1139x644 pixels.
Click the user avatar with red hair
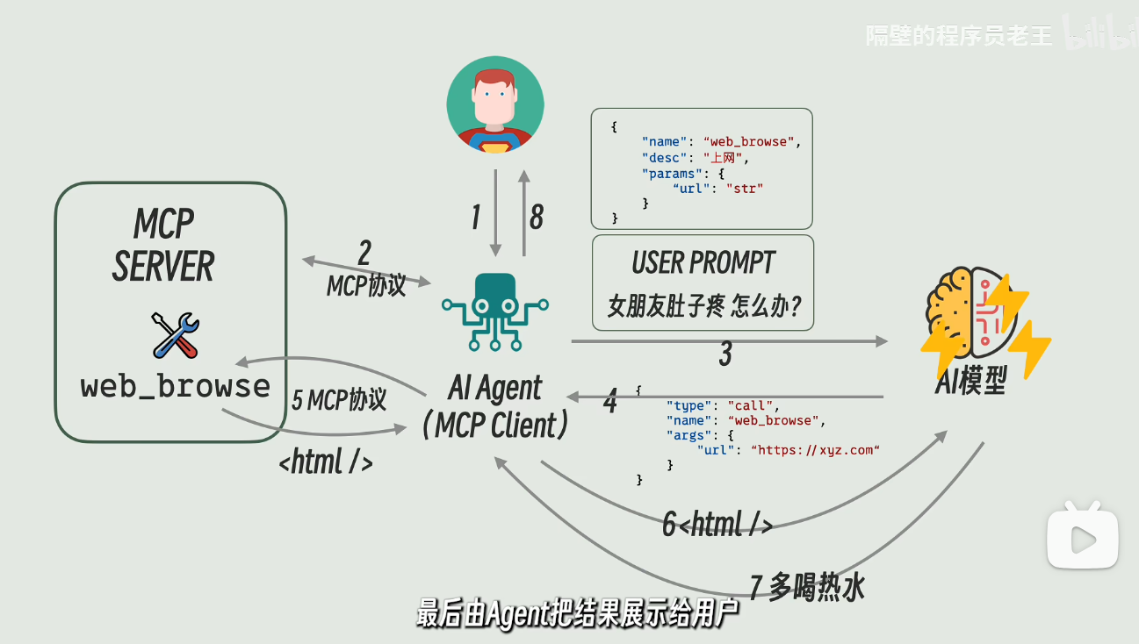pyautogui.click(x=495, y=104)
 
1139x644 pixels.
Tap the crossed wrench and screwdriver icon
pyautogui.click(x=176, y=335)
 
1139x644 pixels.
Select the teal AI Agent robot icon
pyautogui.click(x=495, y=311)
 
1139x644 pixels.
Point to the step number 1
pyautogui.click(x=476, y=217)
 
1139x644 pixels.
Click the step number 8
pyautogui.click(x=537, y=217)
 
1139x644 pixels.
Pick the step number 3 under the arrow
pyautogui.click(x=725, y=354)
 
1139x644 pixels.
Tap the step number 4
pyautogui.click(x=610, y=401)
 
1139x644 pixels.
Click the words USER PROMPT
pyautogui.click(x=703, y=262)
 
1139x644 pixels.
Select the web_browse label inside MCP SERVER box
pyautogui.click(x=176, y=387)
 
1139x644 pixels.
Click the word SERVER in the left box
pyautogui.click(x=163, y=266)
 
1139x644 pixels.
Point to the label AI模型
pyautogui.click(x=971, y=381)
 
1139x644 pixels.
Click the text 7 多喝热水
pyautogui.click(x=807, y=587)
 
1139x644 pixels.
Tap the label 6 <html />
pyautogui.click(x=717, y=524)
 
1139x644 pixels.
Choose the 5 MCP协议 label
pyautogui.click(x=339, y=400)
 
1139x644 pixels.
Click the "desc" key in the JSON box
pyautogui.click(x=664, y=158)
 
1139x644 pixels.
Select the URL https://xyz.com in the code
pyautogui.click(x=815, y=450)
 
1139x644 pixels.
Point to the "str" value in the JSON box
pyautogui.click(x=745, y=189)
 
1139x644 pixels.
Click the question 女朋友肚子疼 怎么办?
pyautogui.click(x=704, y=306)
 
